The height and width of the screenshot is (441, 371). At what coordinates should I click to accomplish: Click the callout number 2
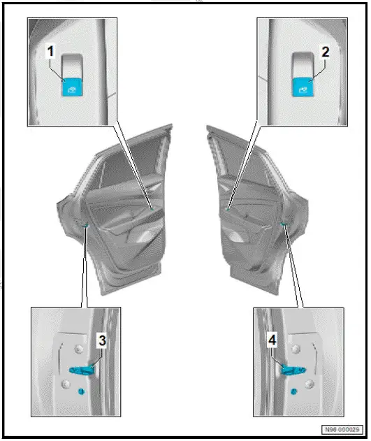325,51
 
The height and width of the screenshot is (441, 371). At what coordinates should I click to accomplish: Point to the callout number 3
102,340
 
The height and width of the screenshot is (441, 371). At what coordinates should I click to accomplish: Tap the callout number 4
272,340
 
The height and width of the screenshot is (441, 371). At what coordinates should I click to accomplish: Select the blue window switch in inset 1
73,89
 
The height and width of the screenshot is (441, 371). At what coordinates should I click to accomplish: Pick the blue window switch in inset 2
304,89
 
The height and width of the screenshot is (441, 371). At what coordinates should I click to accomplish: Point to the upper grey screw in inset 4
296,349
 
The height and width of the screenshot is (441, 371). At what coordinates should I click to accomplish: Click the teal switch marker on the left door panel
152,206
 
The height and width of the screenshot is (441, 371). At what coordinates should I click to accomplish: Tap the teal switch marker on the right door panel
228,206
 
